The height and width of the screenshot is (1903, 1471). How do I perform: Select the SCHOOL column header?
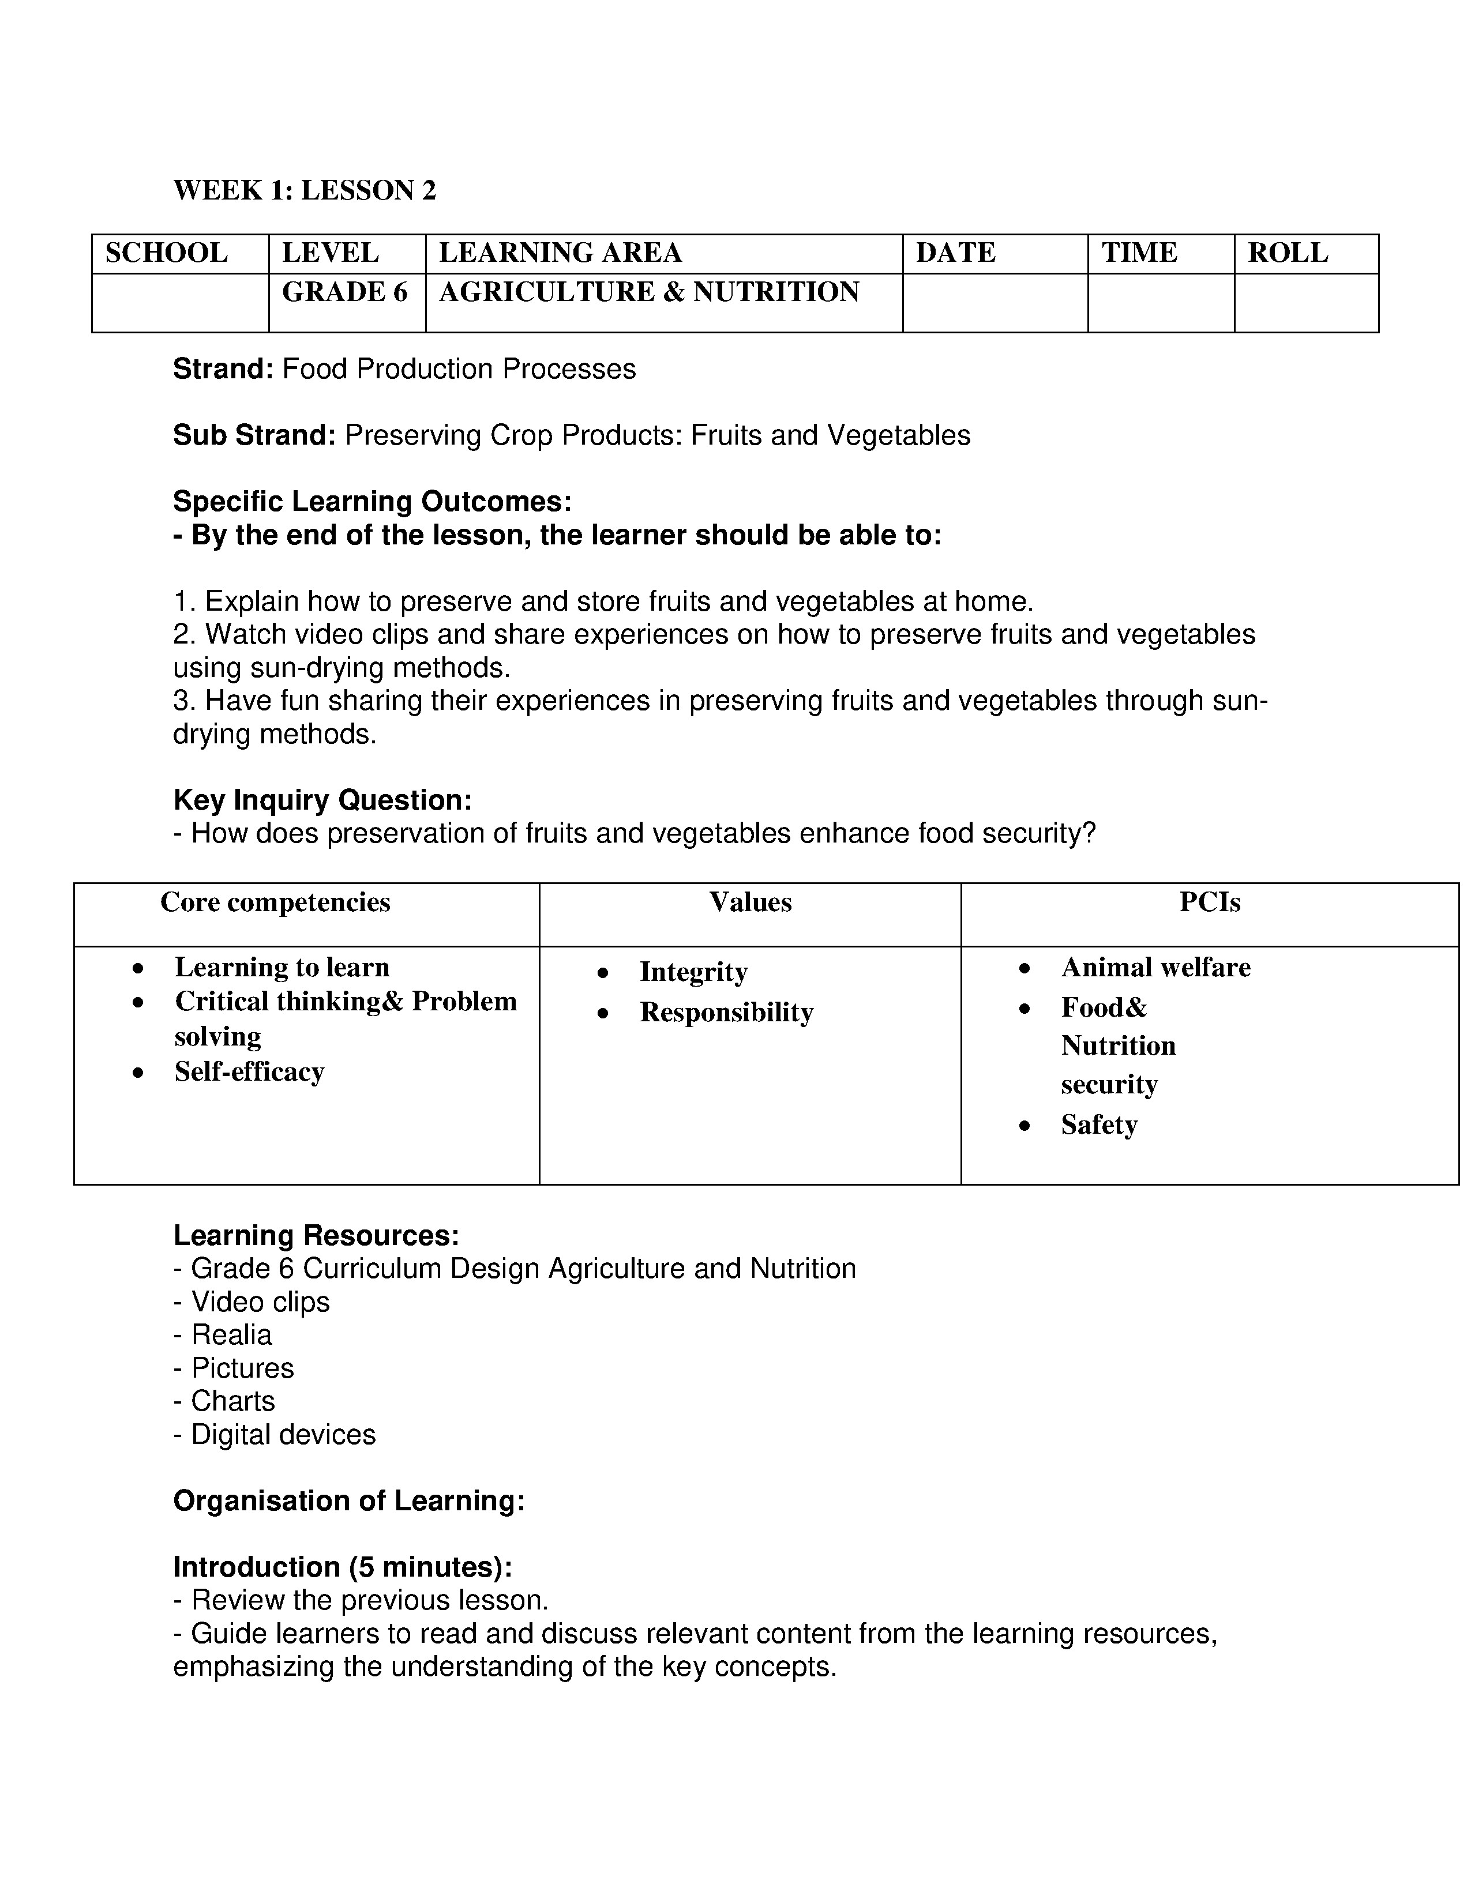point(167,253)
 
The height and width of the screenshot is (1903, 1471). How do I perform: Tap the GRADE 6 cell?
point(345,292)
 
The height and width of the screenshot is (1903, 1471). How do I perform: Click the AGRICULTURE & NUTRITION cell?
point(649,292)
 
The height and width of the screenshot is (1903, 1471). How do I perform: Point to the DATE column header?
point(955,253)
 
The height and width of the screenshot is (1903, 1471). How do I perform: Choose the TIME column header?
point(1139,253)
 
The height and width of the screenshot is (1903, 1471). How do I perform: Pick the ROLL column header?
point(1288,253)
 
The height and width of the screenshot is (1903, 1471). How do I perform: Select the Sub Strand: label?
point(254,435)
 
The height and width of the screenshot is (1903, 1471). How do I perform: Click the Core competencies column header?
point(275,902)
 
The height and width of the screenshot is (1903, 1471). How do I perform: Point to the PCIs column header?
point(1210,902)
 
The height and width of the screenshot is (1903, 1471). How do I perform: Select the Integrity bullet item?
point(693,972)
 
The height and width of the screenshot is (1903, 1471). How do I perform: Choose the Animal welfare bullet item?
point(1155,967)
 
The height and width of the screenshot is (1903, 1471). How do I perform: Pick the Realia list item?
point(231,1335)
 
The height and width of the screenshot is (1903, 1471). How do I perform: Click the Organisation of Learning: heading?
point(348,1500)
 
